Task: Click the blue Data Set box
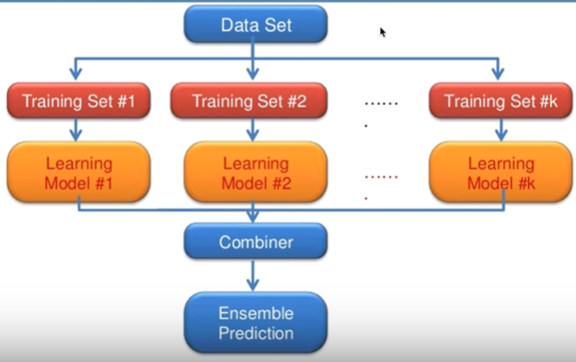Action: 255,25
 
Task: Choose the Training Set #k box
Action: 498,101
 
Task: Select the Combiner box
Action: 255,241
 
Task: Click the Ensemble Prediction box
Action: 255,324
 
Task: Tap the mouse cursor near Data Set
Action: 383,32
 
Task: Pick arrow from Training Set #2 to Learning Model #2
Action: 255,130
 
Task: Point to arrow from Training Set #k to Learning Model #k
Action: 498,130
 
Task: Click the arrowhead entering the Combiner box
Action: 255,218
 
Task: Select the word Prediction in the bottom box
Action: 257,334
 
